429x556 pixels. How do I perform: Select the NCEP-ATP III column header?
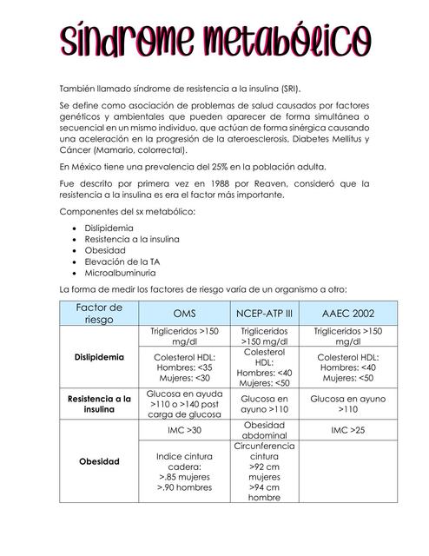[264, 313]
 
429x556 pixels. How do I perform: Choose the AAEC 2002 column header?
[347, 313]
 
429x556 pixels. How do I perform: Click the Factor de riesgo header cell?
[99, 313]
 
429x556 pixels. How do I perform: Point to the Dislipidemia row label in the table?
[99, 357]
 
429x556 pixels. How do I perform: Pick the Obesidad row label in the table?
[99, 461]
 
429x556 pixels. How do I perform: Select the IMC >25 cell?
[347, 429]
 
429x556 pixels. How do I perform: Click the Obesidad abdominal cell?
[264, 429]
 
